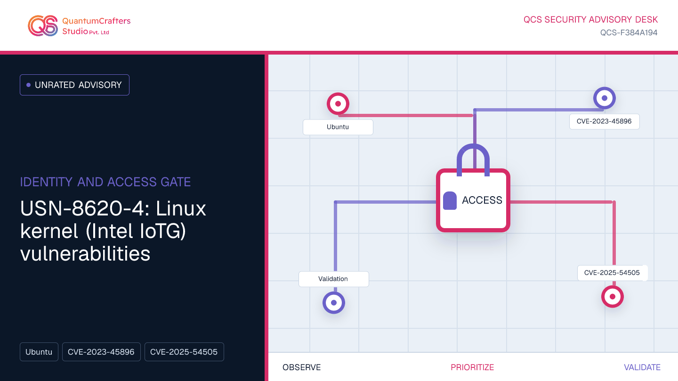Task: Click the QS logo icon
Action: click(43, 26)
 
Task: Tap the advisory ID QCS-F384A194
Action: click(629, 32)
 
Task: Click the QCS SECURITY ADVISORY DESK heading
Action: click(590, 20)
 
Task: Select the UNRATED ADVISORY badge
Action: click(74, 85)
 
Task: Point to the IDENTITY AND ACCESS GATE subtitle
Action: click(105, 182)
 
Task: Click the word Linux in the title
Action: click(181, 209)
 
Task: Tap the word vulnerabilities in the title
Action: click(85, 254)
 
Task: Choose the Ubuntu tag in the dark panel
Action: click(39, 352)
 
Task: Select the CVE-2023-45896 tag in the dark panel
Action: click(101, 352)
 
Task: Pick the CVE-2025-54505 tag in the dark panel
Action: click(184, 352)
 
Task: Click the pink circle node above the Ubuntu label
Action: click(338, 103)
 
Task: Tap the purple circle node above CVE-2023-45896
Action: click(605, 98)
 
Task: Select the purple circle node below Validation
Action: click(334, 303)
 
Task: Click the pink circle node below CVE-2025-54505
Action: click(612, 297)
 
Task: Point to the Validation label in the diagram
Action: click(333, 279)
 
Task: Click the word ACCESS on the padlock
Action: click(482, 200)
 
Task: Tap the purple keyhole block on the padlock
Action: click(450, 200)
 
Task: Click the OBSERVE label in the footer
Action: click(301, 367)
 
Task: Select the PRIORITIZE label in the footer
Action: click(472, 367)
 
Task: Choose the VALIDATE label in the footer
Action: click(642, 367)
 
